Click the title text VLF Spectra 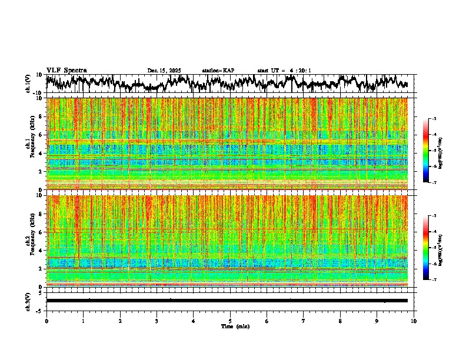(66, 70)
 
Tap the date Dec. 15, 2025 (164, 71)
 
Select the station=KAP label (218, 71)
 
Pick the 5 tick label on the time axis (230, 321)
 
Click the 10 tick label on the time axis (414, 321)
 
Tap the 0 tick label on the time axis (46, 321)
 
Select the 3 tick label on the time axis (157, 321)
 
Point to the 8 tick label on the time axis (340, 321)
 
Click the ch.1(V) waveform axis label (29, 84)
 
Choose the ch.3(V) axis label (29, 300)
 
